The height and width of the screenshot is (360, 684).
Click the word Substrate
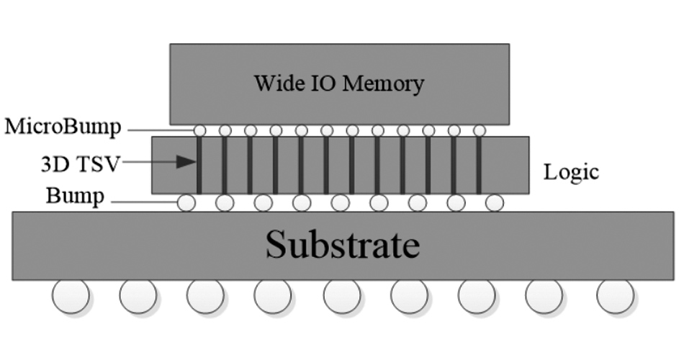342,245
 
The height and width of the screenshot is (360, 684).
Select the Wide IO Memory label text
338,84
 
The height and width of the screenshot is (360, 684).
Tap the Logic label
571,173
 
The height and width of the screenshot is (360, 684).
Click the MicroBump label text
62,128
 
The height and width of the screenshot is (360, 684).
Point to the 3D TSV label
79,163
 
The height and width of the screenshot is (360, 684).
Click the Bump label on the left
75,195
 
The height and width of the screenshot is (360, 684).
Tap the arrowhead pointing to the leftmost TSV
189,162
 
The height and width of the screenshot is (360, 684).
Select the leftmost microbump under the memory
200,131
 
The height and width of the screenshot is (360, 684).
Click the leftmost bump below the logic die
186,203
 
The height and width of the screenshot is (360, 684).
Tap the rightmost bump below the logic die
494,203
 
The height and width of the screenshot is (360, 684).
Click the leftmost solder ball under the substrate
71,295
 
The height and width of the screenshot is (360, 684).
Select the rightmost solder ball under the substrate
616,295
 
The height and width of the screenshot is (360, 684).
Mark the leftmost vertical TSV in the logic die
199,165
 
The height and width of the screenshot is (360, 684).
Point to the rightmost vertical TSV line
479,165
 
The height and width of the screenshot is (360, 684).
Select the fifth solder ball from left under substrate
342,295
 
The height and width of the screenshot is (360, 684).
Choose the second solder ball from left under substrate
138,295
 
